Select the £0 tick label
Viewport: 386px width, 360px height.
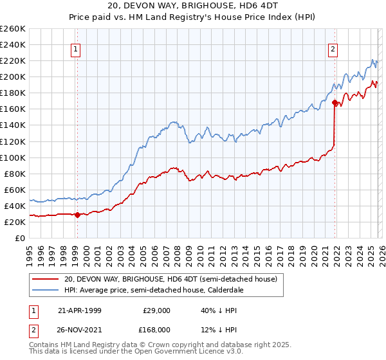coord(19,238)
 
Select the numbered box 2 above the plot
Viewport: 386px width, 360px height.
coord(333,49)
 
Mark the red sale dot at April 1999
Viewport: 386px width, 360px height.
coord(78,215)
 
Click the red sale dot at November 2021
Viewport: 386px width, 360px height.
coord(335,102)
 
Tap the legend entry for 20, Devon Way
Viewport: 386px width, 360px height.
coord(170,279)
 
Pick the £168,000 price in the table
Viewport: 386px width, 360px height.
coord(156,329)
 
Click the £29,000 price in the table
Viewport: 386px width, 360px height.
coord(156,310)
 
